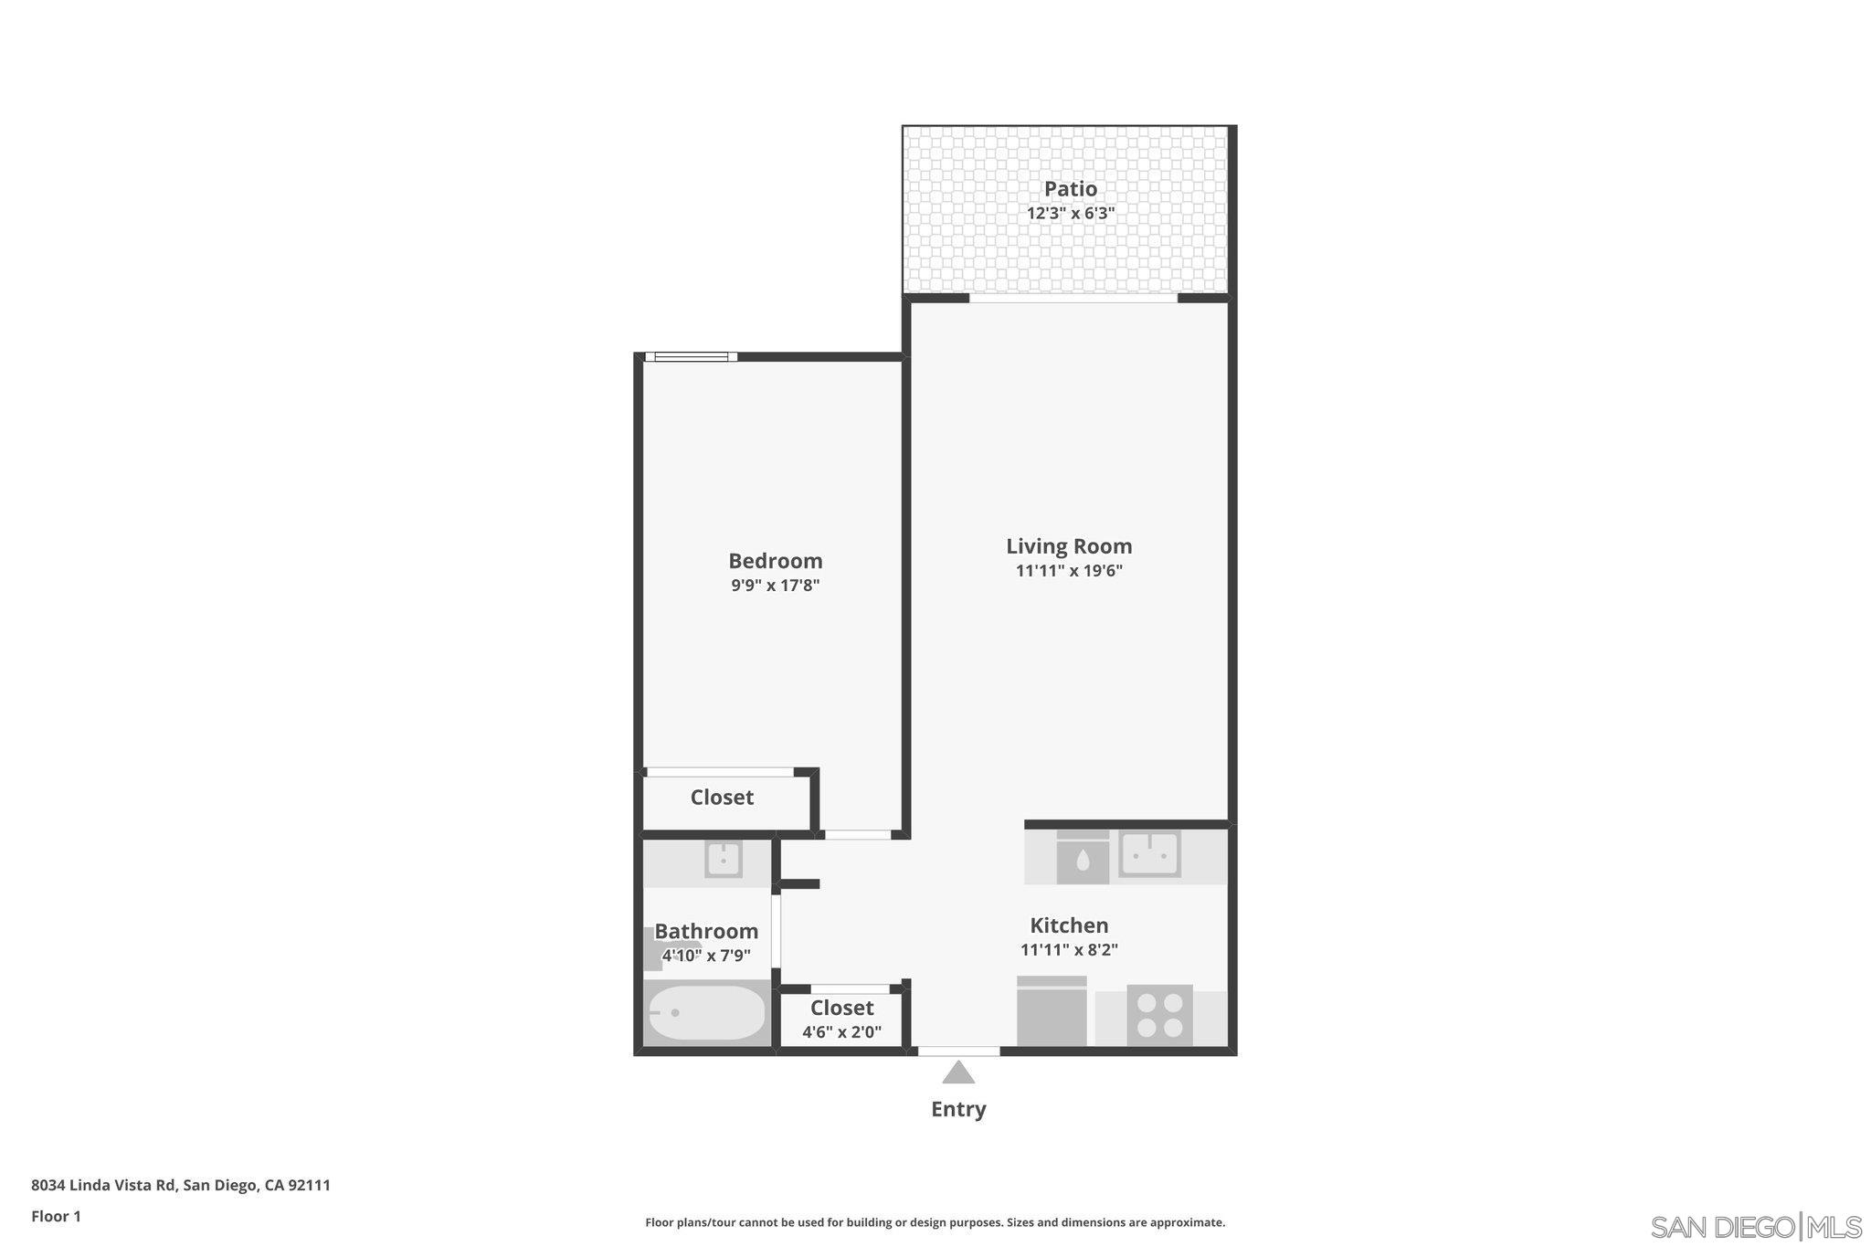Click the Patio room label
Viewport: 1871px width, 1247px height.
tap(1070, 189)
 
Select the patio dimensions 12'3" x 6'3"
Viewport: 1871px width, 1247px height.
tap(1070, 214)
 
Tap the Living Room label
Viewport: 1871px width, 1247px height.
tap(1069, 546)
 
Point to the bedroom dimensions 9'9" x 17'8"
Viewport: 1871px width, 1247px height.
tap(775, 586)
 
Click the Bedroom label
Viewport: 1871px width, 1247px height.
tap(775, 561)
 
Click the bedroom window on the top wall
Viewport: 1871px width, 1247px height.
tap(691, 356)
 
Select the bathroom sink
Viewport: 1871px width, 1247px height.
tap(723, 860)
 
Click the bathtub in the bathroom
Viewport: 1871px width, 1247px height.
tap(706, 1012)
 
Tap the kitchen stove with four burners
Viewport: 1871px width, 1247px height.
tap(1159, 1015)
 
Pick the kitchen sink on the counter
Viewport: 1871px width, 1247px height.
tap(1150, 855)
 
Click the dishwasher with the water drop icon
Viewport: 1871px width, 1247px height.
tap(1083, 860)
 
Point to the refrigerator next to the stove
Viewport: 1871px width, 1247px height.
tap(1052, 1011)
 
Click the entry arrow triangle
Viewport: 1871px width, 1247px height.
tap(957, 1073)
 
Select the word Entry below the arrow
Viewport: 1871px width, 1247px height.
tap(957, 1109)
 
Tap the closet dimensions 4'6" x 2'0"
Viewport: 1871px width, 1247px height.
tap(841, 1033)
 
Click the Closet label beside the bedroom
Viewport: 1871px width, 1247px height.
tap(722, 798)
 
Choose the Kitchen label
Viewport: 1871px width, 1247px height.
tap(1069, 925)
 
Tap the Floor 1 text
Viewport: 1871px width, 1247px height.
tap(56, 1216)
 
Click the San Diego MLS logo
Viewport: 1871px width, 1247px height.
tap(1755, 1226)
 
